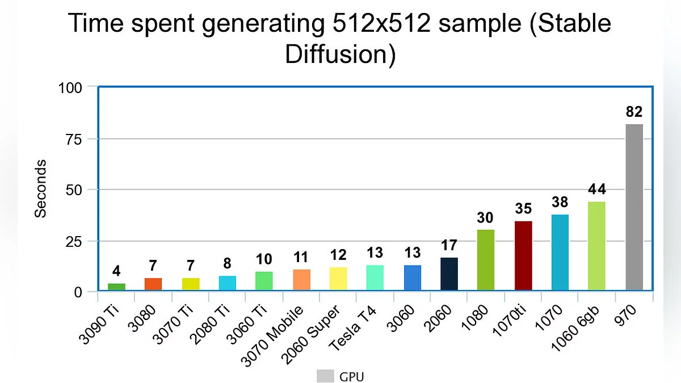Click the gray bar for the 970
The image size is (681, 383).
click(x=634, y=208)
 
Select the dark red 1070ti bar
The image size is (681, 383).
click(x=523, y=256)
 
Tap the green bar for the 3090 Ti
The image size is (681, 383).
click(x=116, y=287)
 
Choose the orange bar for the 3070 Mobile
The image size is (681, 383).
click(x=301, y=280)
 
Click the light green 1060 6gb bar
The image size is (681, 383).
click(x=596, y=246)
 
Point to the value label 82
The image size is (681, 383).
click(x=634, y=111)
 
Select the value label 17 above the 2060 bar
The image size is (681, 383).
click(x=449, y=246)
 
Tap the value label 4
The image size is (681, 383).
click(x=116, y=271)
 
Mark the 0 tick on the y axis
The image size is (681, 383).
click(x=78, y=292)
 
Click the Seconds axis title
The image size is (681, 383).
click(x=40, y=188)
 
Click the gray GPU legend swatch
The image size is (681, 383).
click(x=325, y=376)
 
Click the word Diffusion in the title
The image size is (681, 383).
click(x=340, y=55)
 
